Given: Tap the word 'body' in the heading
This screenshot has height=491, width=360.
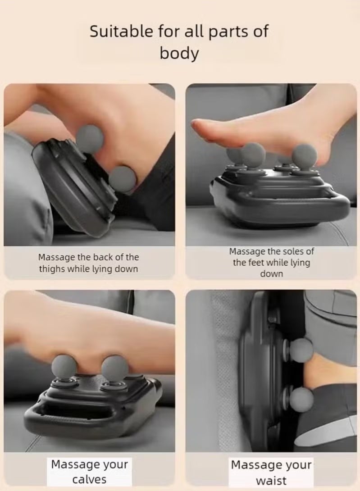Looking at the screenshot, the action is [179, 53].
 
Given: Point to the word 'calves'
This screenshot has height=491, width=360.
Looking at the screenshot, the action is [89, 479].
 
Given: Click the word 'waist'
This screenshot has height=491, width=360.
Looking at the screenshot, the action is [271, 480].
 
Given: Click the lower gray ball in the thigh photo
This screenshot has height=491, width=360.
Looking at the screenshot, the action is [123, 179].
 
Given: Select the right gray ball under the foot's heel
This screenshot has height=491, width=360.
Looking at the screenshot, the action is [305, 155].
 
